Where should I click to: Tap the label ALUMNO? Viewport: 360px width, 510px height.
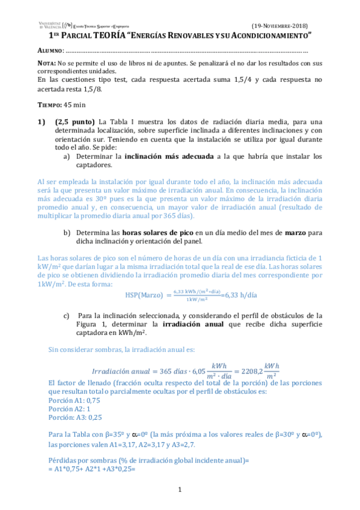tap(49, 51)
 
